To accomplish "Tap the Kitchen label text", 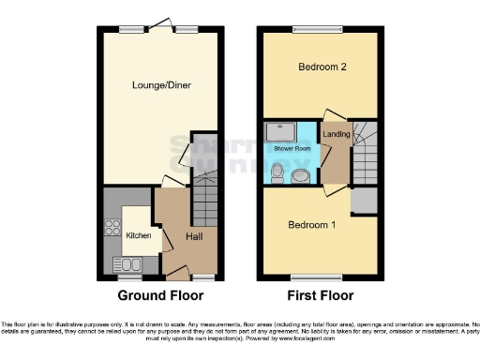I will (x=139, y=235).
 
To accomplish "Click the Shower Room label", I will (x=291, y=148).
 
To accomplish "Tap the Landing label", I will (x=336, y=134).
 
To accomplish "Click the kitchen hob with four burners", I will (x=112, y=226).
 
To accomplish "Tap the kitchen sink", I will (x=123, y=262).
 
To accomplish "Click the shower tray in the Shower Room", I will (x=279, y=131).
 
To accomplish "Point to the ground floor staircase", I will (x=205, y=201).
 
